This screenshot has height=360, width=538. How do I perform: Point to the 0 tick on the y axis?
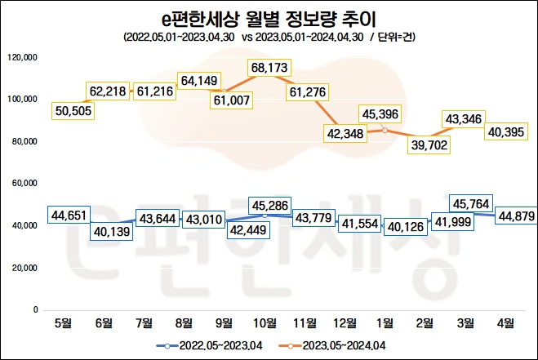click(34, 310)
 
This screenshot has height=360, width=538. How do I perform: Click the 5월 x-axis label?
click(64, 322)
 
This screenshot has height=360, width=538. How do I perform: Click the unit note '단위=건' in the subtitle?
click(398, 37)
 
